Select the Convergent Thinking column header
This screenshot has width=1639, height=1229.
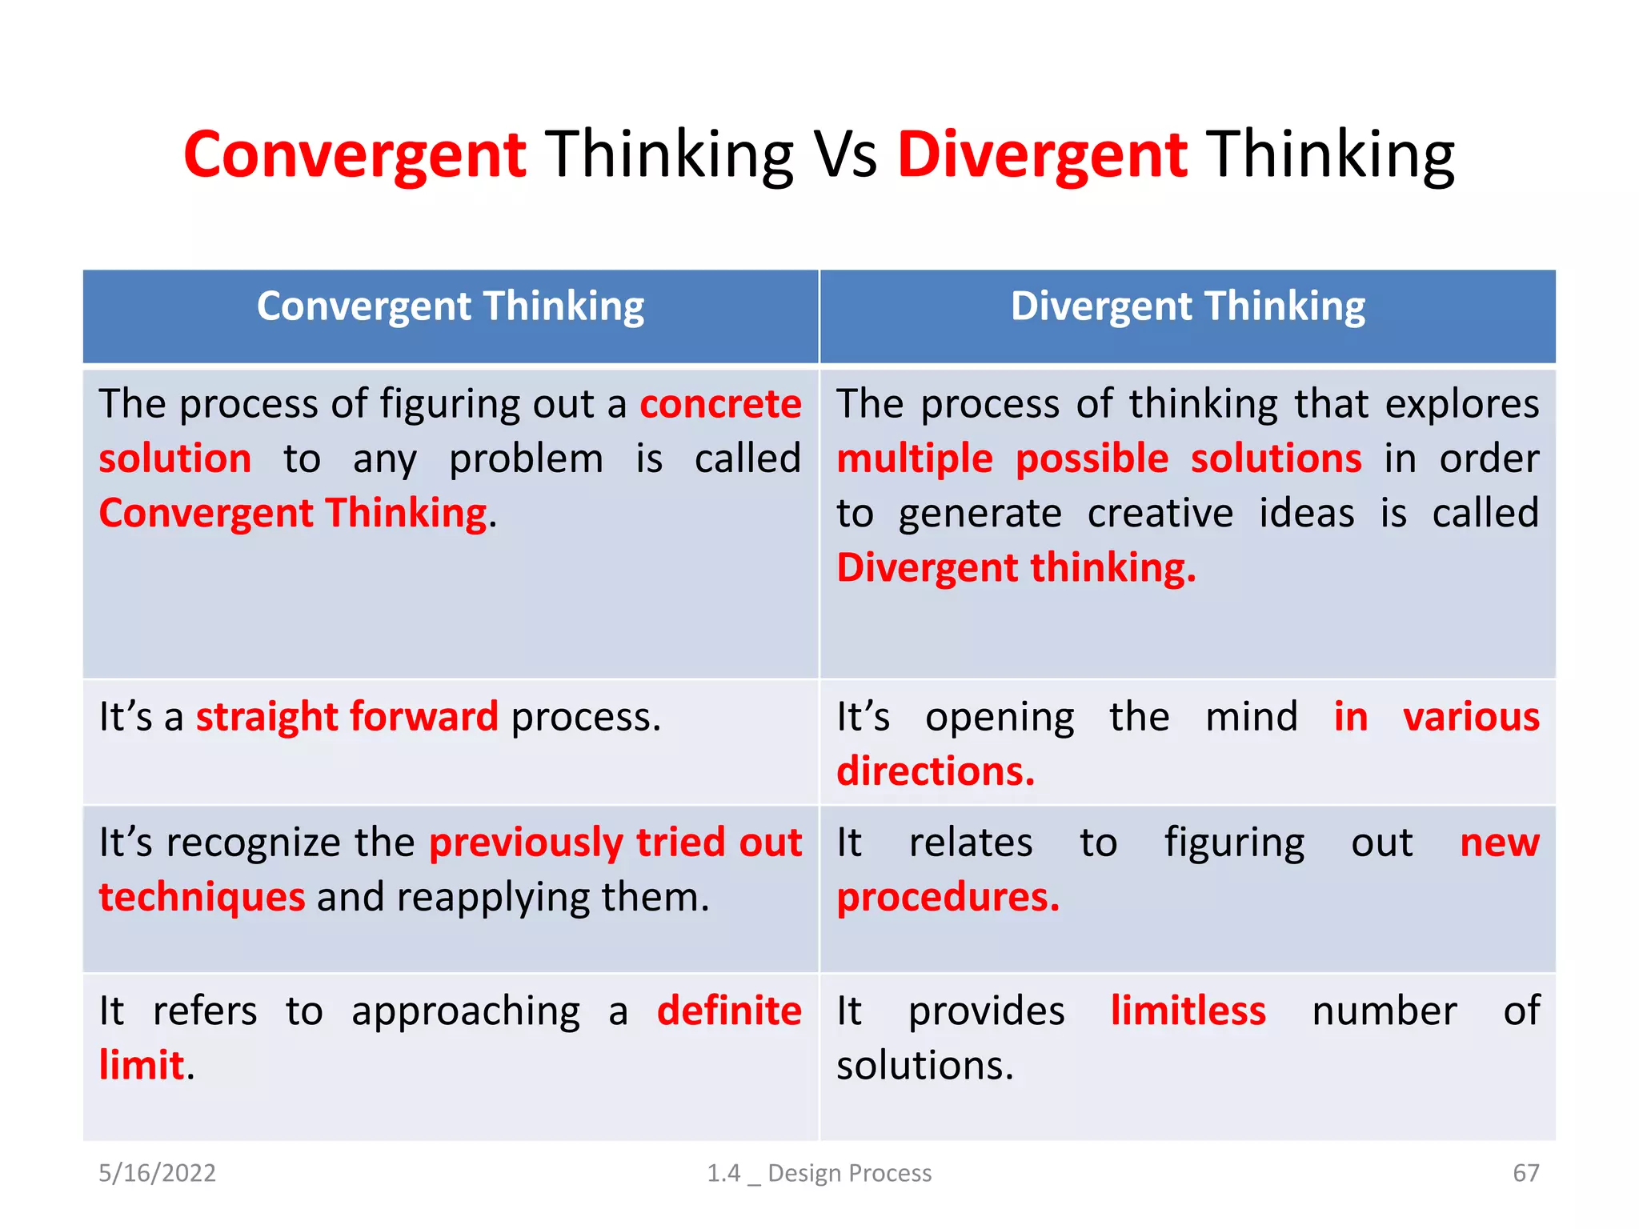[x=451, y=307]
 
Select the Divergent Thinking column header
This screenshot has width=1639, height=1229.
[x=1188, y=307]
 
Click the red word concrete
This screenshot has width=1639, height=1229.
[x=720, y=404]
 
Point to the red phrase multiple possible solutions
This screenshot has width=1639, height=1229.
[x=1099, y=459]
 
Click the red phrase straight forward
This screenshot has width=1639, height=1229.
[x=347, y=717]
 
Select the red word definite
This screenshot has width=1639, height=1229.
[x=729, y=1011]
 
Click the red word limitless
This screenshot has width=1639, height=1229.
[x=1188, y=1011]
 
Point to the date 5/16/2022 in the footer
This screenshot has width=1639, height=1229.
[x=157, y=1173]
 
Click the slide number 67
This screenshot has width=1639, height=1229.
[x=1525, y=1173]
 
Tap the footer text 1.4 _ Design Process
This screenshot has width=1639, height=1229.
[x=819, y=1173]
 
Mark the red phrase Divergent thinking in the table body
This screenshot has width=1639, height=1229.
[x=1016, y=568]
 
